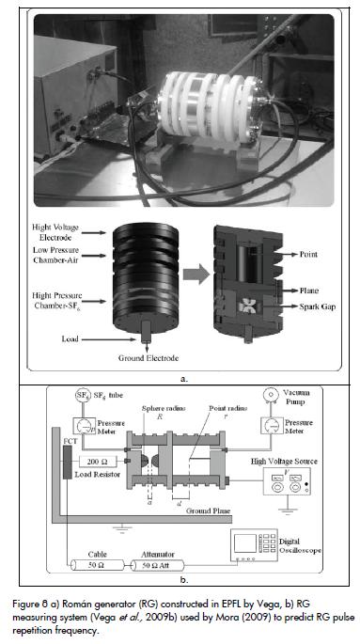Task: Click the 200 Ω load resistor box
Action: [x=98, y=461]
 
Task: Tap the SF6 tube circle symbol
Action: [x=82, y=396]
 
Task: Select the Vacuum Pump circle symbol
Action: [x=269, y=395]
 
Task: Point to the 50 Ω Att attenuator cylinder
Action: [x=157, y=565]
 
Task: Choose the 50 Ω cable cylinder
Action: [x=97, y=565]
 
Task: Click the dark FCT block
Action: [x=67, y=461]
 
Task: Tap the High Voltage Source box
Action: [x=287, y=481]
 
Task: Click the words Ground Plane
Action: [x=208, y=510]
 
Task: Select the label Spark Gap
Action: [x=317, y=306]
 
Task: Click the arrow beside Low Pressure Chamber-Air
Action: [x=93, y=256]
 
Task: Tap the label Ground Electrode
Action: [x=149, y=358]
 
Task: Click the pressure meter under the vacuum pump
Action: [x=272, y=426]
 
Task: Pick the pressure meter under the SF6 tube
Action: [x=84, y=427]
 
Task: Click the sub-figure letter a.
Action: [x=184, y=379]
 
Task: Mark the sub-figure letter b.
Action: [x=184, y=580]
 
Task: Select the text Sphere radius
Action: [x=164, y=408]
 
